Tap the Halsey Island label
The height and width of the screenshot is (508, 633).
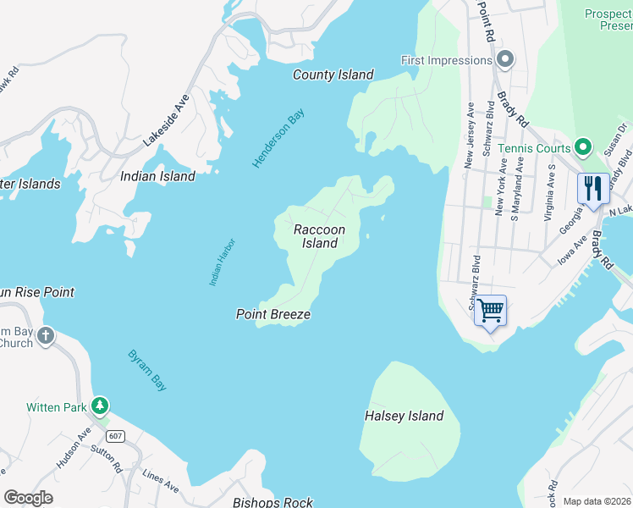pos(404,416)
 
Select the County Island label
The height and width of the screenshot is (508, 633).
pos(333,75)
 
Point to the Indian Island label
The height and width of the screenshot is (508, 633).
pos(157,177)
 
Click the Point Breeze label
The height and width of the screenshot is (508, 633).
pos(272,315)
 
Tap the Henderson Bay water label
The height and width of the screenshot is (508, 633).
pos(278,139)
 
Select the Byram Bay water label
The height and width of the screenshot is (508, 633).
pos(147,370)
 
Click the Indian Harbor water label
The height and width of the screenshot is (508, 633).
pos(222,262)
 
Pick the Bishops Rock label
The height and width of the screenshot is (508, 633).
pos(272,502)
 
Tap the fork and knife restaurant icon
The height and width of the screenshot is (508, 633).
pos(593,188)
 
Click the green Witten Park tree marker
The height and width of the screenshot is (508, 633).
pos(101,406)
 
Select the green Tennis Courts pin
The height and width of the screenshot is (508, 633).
pos(582,148)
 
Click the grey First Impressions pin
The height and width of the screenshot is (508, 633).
pos(505,60)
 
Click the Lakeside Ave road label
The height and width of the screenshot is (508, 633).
pos(166,120)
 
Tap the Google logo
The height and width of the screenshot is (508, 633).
pos(28,498)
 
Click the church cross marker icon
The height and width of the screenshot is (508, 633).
pos(46,336)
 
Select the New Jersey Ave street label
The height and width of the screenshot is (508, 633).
pos(471,135)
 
